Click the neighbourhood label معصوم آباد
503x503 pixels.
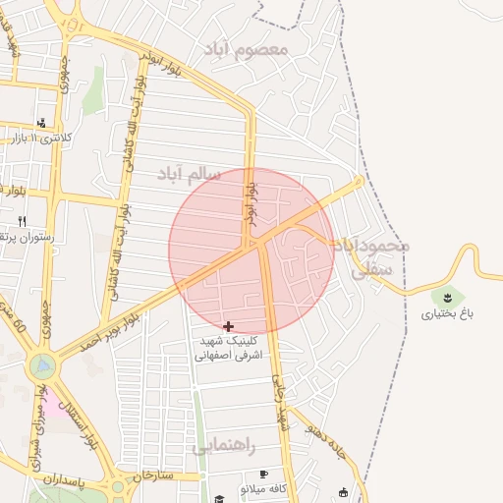click(247, 48)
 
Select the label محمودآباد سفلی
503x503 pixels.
click(372, 255)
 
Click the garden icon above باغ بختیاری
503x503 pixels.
click(448, 294)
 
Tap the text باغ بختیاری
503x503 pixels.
click(448, 314)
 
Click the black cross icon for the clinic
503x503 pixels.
click(229, 325)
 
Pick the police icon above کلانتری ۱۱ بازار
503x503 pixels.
click(41, 123)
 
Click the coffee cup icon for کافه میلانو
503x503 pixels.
click(263, 475)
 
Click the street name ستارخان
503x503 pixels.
click(152, 475)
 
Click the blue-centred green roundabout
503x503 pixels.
click(42, 367)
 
